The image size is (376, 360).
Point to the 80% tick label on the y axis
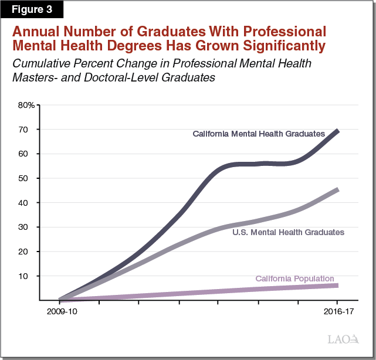26,106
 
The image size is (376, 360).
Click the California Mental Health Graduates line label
259,134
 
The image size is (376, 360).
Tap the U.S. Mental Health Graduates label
287,232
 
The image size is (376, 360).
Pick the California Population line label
294,279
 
